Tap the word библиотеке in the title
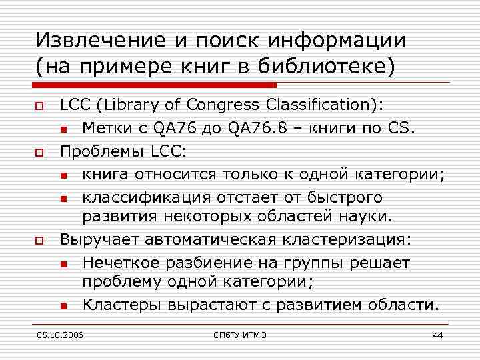334,67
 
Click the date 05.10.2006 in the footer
61,335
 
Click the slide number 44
437,335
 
